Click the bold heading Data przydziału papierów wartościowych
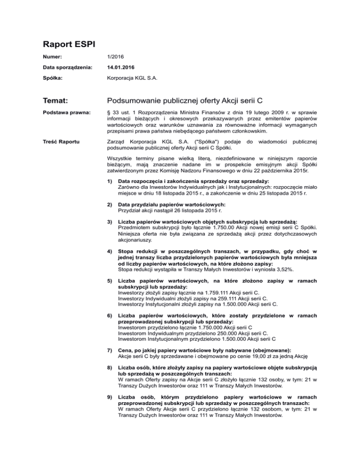click(x=172, y=218)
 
